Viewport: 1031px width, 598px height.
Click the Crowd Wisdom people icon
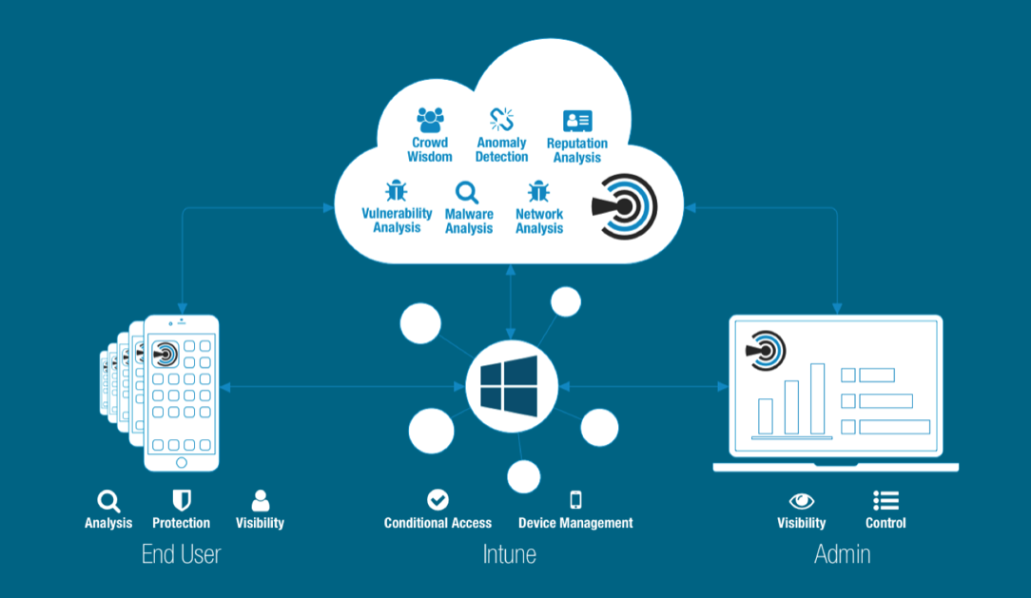click(x=430, y=120)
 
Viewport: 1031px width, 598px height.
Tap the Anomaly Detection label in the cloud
click(x=501, y=150)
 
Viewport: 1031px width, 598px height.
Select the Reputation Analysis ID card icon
click(x=577, y=121)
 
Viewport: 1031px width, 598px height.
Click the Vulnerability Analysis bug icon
click(x=396, y=191)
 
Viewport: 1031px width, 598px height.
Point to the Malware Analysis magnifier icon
click(x=468, y=193)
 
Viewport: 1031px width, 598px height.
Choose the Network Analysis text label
click(x=539, y=222)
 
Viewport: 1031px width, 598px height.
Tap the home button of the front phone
click(x=182, y=462)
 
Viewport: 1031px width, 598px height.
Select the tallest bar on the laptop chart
click(x=817, y=398)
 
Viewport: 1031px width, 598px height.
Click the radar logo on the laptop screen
click(x=767, y=350)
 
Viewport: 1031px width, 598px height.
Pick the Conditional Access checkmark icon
click(x=438, y=499)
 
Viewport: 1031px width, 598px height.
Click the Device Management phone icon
click(x=574, y=499)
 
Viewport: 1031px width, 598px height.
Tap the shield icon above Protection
click(x=182, y=500)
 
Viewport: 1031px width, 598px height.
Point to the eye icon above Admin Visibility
click(x=802, y=500)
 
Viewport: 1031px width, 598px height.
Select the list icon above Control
click(x=885, y=500)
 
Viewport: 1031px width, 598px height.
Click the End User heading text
click(x=181, y=553)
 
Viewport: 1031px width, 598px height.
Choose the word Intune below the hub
click(x=509, y=553)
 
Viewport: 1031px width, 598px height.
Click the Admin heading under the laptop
click(x=842, y=553)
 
